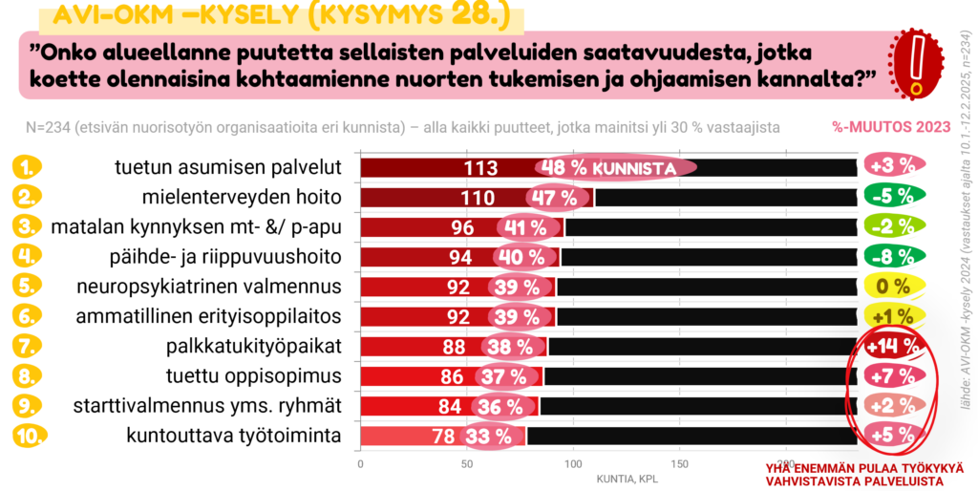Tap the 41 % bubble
click(523, 228)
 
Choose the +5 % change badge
click(894, 437)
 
